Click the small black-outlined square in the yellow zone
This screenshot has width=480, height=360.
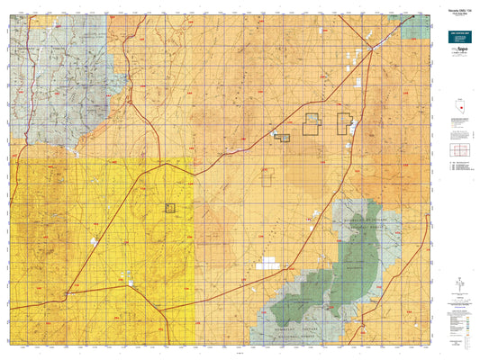point(169,207)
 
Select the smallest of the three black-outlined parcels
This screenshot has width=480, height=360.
point(282,138)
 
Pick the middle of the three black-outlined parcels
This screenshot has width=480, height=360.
point(312,124)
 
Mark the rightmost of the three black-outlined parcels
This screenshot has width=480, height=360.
point(344,123)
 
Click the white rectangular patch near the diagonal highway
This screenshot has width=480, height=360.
point(267,265)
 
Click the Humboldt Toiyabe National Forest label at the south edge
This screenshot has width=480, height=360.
point(297,333)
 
